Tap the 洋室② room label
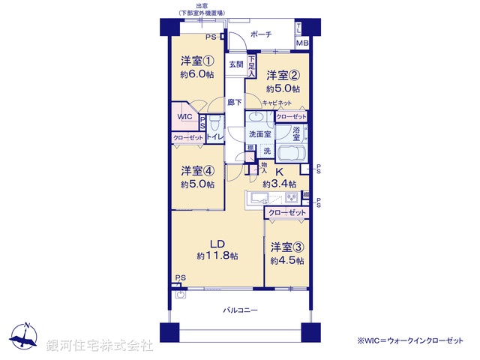(283, 75)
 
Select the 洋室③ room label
(287, 247)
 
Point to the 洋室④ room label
(197, 170)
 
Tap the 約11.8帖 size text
(217, 256)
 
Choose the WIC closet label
(185, 117)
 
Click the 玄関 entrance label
(236, 64)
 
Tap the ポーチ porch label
(261, 34)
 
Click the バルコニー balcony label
(240, 309)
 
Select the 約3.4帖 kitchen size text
(279, 184)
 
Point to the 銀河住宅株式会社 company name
(100, 345)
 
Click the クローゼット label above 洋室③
(287, 214)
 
